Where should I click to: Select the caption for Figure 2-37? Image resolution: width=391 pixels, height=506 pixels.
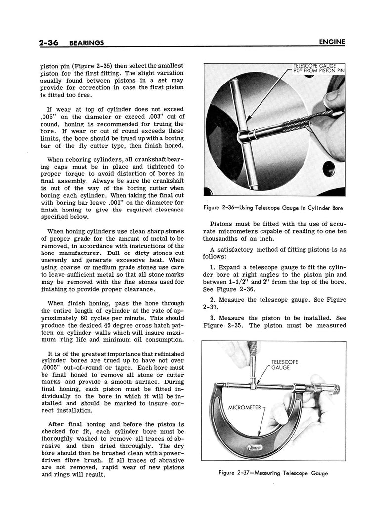point(273,473)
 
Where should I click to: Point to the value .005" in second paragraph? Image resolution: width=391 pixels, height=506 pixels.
point(54,116)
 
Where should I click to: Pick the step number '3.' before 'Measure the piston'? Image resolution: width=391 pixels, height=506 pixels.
point(213,318)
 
